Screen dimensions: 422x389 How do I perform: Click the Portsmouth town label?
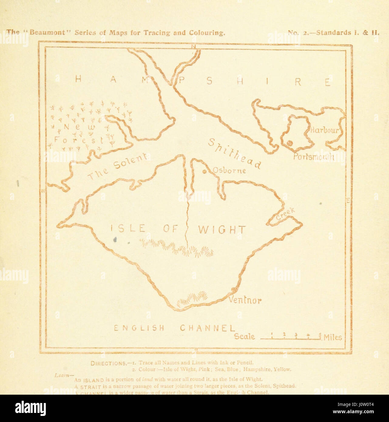(313, 157)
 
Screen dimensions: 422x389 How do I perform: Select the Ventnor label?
(245, 301)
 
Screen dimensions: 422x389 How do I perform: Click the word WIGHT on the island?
(221, 230)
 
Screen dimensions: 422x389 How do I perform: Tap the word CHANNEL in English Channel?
(208, 328)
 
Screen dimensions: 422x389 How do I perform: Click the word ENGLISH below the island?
(139, 328)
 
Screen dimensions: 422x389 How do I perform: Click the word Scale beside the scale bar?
(245, 337)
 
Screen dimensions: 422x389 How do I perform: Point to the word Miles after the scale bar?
(333, 337)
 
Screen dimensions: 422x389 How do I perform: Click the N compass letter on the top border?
(193, 46)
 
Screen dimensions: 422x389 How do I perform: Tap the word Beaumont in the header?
(50, 32)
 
